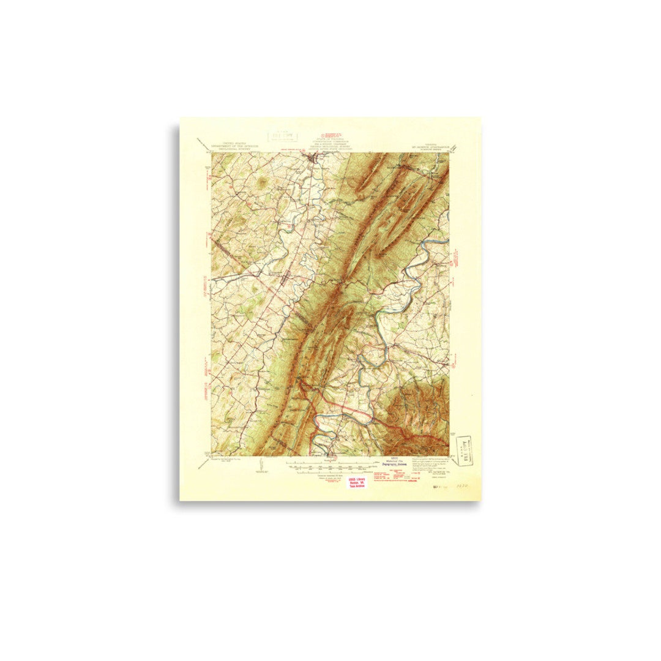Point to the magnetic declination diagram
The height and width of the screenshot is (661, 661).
point(262,464)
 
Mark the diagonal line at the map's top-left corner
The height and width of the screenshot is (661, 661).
point(203,144)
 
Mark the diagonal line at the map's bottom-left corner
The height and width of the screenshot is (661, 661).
point(203,463)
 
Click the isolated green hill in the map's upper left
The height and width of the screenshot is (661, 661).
point(261,181)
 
